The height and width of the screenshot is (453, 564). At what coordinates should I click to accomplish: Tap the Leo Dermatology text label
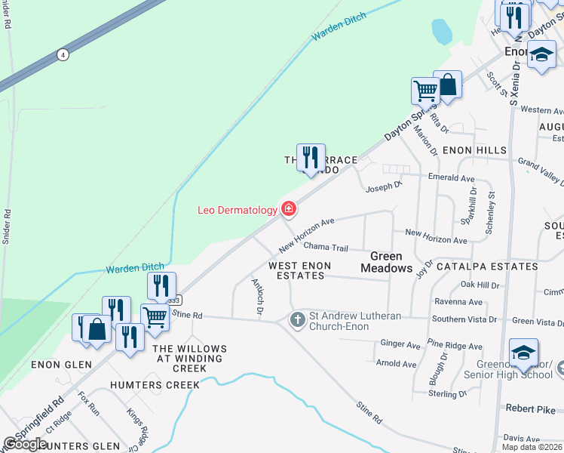(x=238, y=211)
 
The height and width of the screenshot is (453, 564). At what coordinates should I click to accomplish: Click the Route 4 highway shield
(x=63, y=54)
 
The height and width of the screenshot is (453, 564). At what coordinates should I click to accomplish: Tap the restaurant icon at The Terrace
(x=311, y=158)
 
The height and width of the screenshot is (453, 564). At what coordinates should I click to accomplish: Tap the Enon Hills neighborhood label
(x=474, y=150)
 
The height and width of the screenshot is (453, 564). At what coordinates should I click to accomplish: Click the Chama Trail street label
(x=326, y=248)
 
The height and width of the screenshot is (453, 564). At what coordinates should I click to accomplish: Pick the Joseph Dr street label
(x=383, y=184)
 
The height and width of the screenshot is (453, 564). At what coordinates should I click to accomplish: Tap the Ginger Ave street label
(x=400, y=344)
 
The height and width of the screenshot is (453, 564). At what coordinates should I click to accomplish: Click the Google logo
(x=25, y=444)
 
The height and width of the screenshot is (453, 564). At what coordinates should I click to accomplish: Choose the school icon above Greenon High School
(x=524, y=353)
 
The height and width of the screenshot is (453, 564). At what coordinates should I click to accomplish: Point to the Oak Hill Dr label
(x=480, y=285)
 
